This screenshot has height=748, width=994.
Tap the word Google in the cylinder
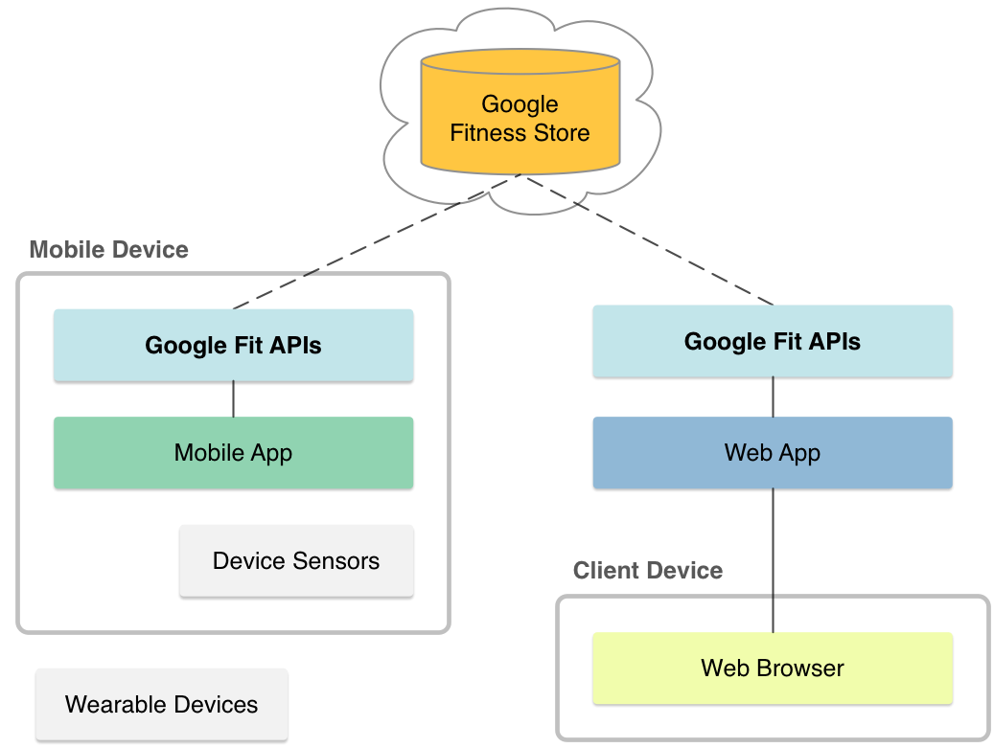coord(520,104)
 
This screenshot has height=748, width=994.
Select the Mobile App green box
coord(233,453)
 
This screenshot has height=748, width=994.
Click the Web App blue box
coord(773,453)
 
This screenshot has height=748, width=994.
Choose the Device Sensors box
coord(296,560)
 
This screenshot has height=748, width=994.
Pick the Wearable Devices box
coord(161,705)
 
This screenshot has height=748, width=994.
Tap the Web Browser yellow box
coord(773,668)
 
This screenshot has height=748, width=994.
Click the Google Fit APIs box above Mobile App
coord(233,345)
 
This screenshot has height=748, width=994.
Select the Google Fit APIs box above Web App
coord(773,342)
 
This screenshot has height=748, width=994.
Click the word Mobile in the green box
coord(208,453)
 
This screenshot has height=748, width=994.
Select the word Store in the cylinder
coord(563,133)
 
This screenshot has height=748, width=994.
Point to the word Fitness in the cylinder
coord(488,133)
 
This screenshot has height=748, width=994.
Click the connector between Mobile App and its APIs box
coord(234,400)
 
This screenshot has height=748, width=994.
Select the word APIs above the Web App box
coord(833,342)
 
